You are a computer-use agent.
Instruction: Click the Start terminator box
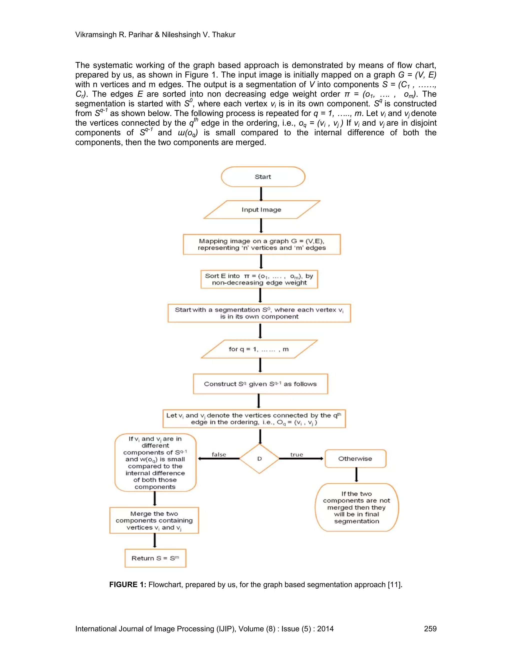pyautogui.click(x=263, y=177)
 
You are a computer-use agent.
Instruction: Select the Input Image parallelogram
pyautogui.click(x=261, y=209)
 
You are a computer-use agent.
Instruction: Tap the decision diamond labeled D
pyautogui.click(x=259, y=458)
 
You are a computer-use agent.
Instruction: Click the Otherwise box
pyautogui.click(x=355, y=458)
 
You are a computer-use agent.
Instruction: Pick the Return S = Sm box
pyautogui.click(x=155, y=558)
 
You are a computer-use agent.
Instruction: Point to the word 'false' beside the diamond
pyautogui.click(x=219, y=454)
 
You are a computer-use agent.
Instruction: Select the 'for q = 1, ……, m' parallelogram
pyautogui.click(x=259, y=349)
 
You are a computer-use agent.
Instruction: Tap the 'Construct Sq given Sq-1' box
pyautogui.click(x=260, y=384)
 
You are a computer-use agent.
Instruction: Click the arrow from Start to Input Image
pyautogui.click(x=261, y=194)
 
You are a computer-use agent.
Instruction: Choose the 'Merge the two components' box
pyautogui.click(x=154, y=520)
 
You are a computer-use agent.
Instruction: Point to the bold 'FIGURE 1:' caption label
pyautogui.click(x=128, y=585)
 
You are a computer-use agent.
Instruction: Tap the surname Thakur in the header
pyautogui.click(x=224, y=35)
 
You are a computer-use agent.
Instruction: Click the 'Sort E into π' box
pyautogui.click(x=259, y=279)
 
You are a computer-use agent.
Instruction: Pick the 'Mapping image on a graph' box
pyautogui.click(x=262, y=244)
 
